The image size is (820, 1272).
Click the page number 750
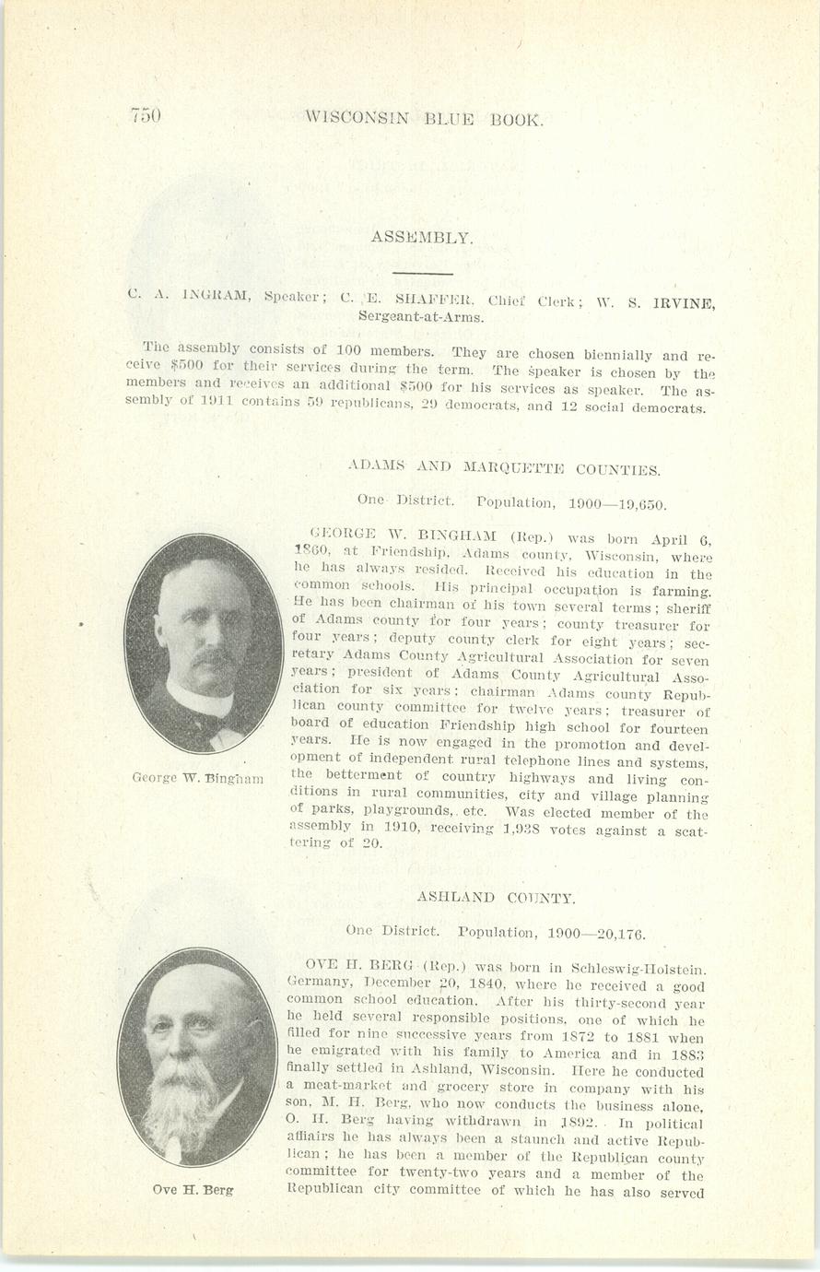(x=146, y=115)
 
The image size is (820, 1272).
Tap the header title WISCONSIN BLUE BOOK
(x=425, y=119)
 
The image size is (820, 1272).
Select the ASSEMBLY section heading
(x=422, y=237)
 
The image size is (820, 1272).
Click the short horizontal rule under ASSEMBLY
(x=422, y=273)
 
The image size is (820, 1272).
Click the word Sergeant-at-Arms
(x=421, y=316)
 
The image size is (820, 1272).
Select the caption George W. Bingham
(x=198, y=778)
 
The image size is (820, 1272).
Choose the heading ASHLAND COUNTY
(x=496, y=897)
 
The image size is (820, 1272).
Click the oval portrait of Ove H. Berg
(x=196, y=1056)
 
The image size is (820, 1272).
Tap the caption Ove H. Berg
(x=193, y=1189)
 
